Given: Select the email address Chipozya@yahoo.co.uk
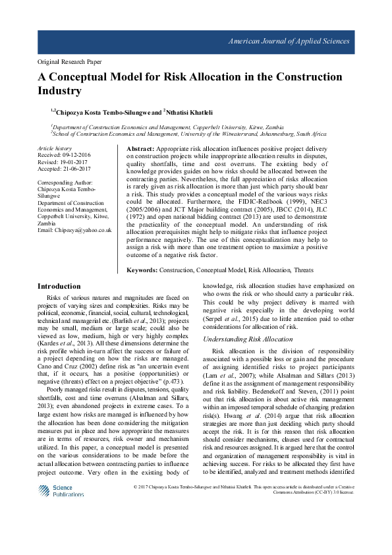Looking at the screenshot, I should pos(82,230).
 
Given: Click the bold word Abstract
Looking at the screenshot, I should pos(140,150).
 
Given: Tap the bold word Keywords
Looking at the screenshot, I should pos(142,270).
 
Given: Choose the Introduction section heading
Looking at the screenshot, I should pos(59,286).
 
